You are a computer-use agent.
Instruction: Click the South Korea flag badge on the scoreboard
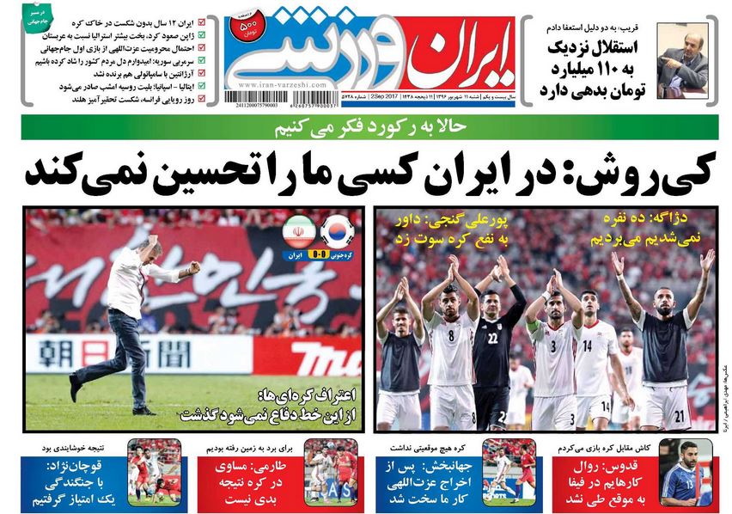[x=336, y=232]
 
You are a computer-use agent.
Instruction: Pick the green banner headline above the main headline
[x=369, y=128]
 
